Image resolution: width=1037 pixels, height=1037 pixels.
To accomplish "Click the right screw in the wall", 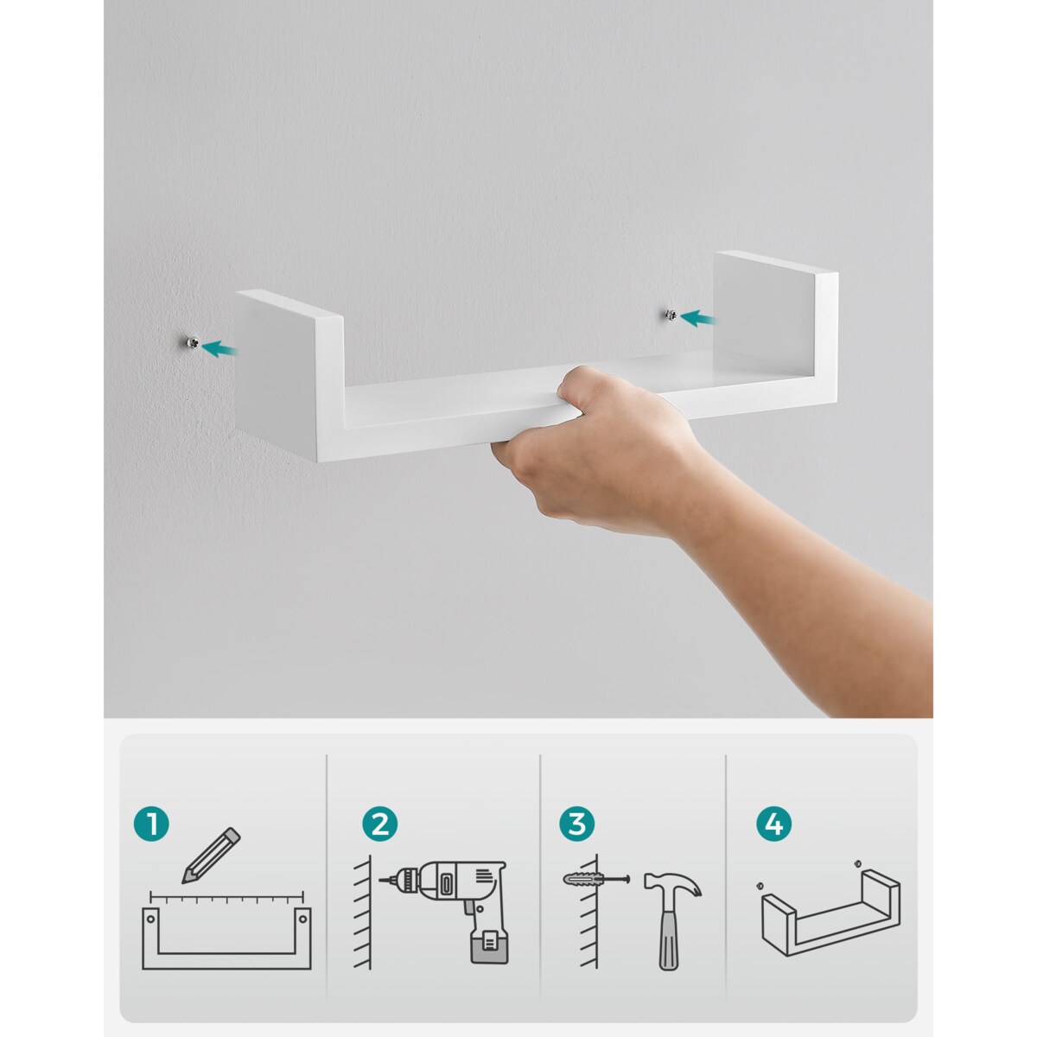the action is pyautogui.click(x=671, y=315).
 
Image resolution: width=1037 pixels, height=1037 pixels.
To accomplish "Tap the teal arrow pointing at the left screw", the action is pyautogui.click(x=219, y=349).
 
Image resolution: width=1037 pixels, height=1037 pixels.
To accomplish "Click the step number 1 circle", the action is pyautogui.click(x=151, y=824).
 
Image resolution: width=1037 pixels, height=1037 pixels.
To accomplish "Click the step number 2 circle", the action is pyautogui.click(x=380, y=824).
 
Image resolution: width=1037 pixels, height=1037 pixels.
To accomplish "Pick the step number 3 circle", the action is pyautogui.click(x=577, y=824).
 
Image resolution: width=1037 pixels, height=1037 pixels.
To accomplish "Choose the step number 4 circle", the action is pyautogui.click(x=773, y=824).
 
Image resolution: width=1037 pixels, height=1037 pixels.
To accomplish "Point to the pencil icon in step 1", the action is pyautogui.click(x=211, y=856).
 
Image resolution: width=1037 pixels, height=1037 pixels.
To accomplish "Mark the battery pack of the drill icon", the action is pyautogui.click(x=489, y=945).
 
